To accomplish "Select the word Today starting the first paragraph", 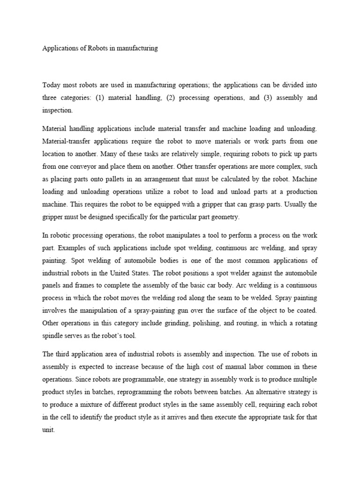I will [x=52, y=85].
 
